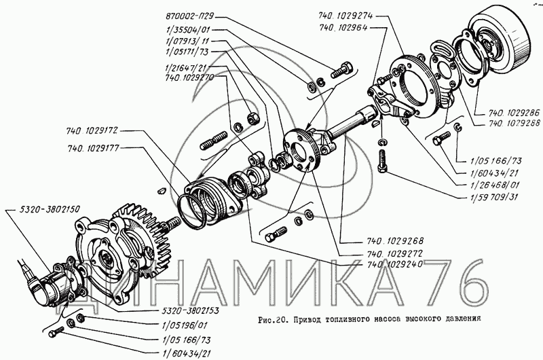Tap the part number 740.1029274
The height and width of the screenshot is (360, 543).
(x=347, y=16)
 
